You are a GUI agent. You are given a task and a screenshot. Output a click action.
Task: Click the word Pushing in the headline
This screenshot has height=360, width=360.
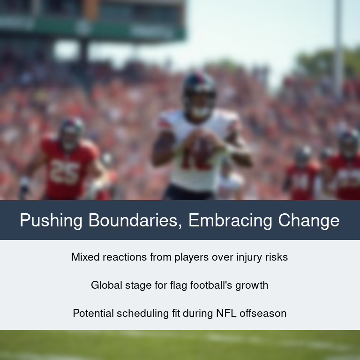pyautogui.click(x=51, y=221)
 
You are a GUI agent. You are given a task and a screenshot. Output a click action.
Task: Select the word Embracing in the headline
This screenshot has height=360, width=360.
pyautogui.click(x=230, y=221)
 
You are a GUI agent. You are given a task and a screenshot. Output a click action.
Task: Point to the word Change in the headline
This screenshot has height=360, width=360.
pyautogui.click(x=309, y=221)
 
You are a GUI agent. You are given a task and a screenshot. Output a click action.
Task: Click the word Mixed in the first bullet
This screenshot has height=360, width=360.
pyautogui.click(x=85, y=257)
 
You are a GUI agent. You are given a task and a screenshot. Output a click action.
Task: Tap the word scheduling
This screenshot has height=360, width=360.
pyautogui.click(x=143, y=314)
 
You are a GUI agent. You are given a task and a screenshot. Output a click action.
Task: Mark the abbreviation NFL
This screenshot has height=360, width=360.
pyautogui.click(x=226, y=313)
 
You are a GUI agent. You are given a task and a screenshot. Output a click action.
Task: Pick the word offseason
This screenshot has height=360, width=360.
pyautogui.click(x=263, y=313)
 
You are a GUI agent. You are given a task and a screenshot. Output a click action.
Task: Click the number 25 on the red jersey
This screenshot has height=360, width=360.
pyautogui.click(x=65, y=172)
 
